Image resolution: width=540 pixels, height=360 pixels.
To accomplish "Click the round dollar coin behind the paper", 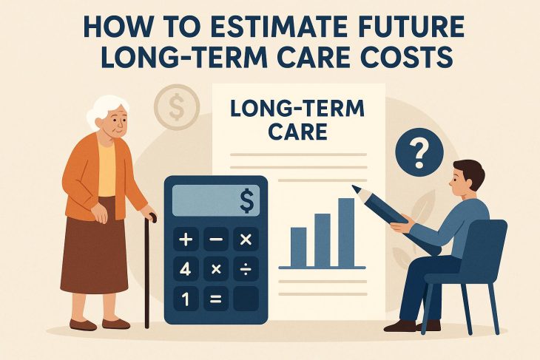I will (176, 108).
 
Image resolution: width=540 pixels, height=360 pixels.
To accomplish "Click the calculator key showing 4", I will (185, 270).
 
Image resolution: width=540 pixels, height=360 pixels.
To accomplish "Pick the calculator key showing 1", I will (185, 299).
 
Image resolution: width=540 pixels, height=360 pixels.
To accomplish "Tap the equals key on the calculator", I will (215, 299).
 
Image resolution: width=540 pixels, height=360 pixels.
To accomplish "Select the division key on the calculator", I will (245, 270).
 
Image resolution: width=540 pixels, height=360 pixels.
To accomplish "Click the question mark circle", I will (419, 154).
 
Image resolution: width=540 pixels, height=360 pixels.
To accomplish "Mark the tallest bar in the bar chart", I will (345, 231).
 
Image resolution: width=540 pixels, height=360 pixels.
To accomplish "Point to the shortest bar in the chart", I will (298, 246).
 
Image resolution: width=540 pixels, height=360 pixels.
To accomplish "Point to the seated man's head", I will (467, 178).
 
